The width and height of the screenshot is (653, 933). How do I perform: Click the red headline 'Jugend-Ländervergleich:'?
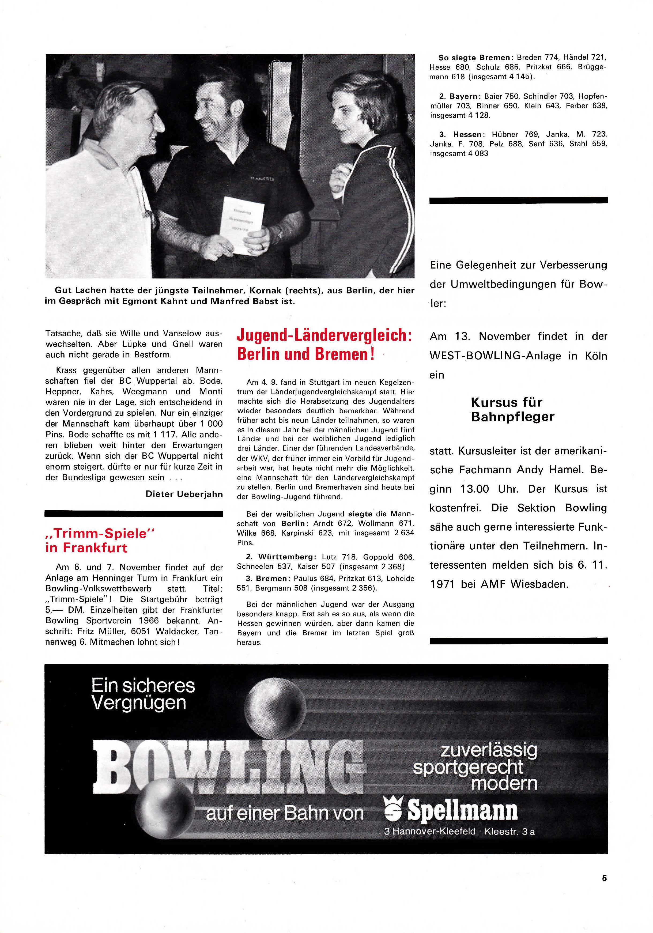(324, 336)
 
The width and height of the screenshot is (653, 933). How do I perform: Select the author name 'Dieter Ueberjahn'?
(184, 494)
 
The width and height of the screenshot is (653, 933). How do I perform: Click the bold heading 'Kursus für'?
(506, 402)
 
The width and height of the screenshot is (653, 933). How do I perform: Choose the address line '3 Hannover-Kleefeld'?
(429, 832)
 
